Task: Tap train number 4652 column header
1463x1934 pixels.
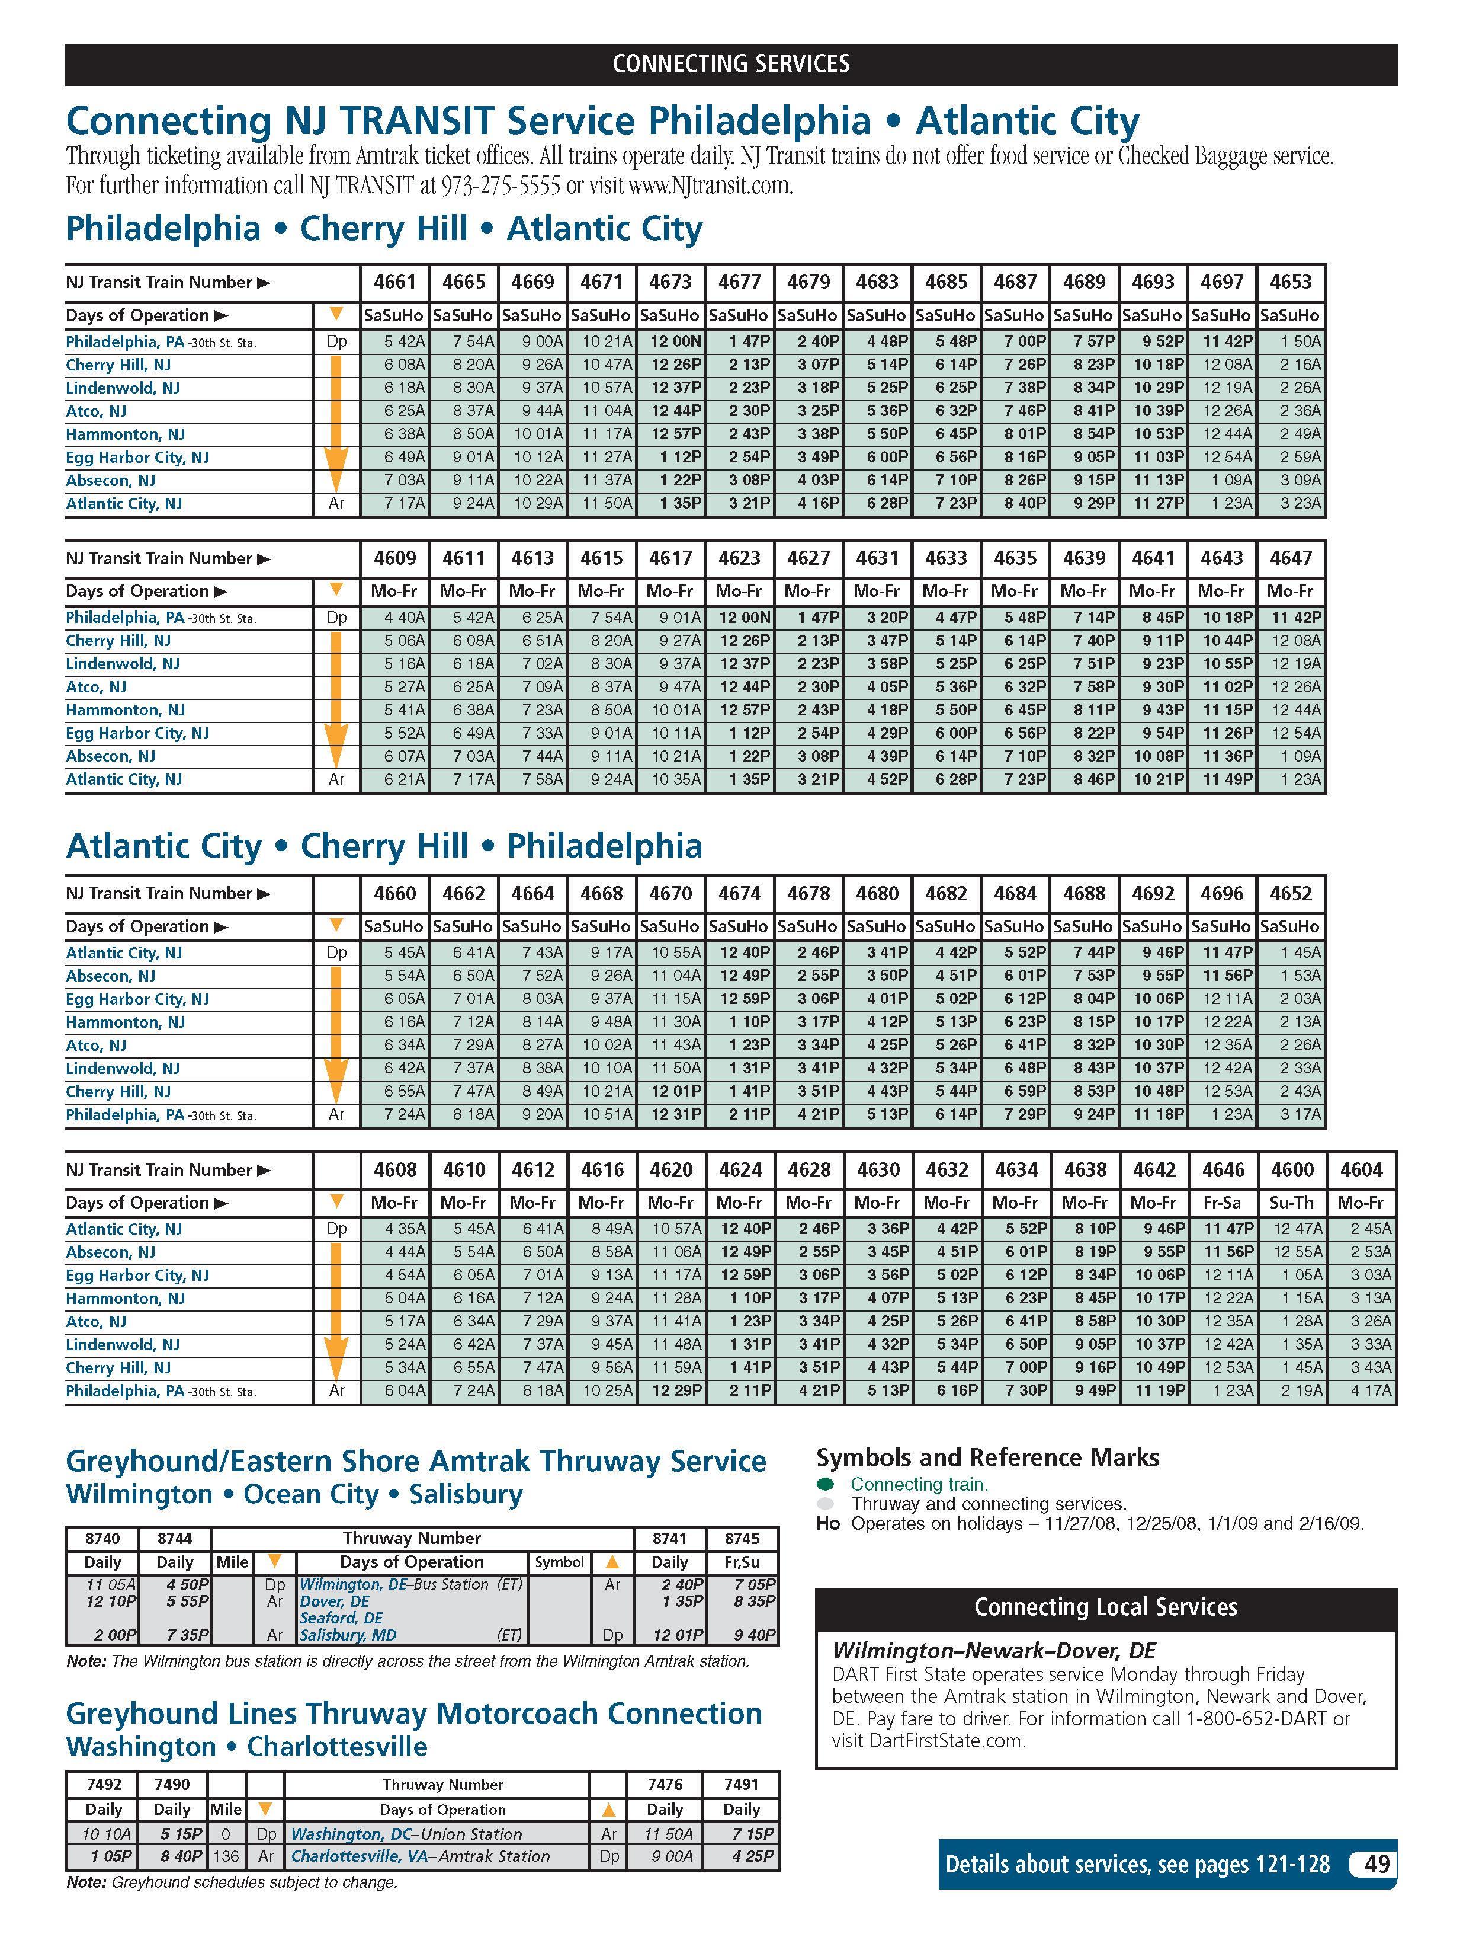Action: (x=1291, y=894)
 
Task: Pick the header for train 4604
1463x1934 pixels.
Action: (x=1361, y=1170)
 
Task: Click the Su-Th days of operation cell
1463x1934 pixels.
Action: (x=1292, y=1203)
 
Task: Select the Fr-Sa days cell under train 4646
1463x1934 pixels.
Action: (x=1222, y=1203)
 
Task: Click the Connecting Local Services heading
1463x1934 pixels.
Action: (x=1106, y=1607)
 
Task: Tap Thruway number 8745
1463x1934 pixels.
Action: (x=742, y=1538)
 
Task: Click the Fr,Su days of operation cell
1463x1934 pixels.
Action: (x=742, y=1562)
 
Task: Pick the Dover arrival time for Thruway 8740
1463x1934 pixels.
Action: (x=111, y=1601)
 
